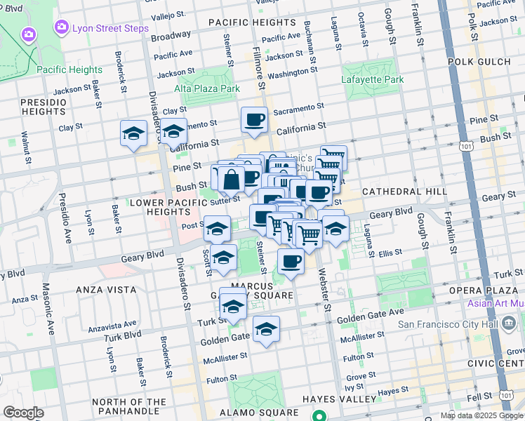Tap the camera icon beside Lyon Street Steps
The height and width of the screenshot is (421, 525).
61,28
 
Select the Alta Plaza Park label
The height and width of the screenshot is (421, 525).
207,88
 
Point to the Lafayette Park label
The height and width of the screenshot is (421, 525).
372,79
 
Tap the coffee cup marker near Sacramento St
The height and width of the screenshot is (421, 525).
254,119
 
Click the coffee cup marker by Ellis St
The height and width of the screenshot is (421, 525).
291,261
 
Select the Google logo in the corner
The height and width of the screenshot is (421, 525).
23,413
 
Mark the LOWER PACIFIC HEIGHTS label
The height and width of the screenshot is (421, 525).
159,207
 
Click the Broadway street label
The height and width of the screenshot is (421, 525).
171,35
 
